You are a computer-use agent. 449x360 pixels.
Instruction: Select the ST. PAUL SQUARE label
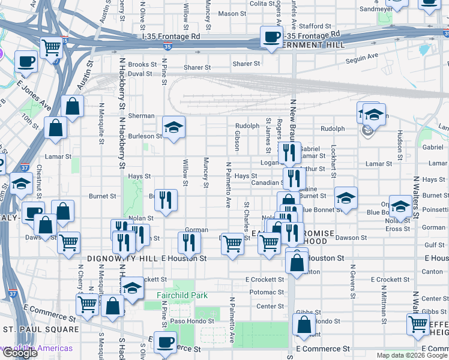click(x=41, y=329)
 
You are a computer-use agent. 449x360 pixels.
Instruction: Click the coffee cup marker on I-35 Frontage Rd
click(x=271, y=38)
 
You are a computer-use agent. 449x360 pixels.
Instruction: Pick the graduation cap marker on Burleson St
click(x=173, y=127)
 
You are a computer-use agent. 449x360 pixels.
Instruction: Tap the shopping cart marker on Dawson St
click(x=232, y=244)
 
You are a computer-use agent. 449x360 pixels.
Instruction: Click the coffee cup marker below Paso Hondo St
click(x=165, y=343)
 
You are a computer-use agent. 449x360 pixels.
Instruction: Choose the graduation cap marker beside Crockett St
click(x=133, y=287)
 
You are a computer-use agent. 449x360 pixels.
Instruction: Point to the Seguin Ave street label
click(x=364, y=56)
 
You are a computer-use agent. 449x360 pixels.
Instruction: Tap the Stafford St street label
click(x=316, y=26)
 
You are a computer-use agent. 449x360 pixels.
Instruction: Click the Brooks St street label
click(x=142, y=64)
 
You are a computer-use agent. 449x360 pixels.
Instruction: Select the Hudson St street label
click(x=399, y=142)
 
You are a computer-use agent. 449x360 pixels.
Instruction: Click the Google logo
click(x=19, y=352)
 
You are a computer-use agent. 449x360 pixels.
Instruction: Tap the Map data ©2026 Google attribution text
click(x=411, y=355)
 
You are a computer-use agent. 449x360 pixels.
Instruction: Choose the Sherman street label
click(x=141, y=116)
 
